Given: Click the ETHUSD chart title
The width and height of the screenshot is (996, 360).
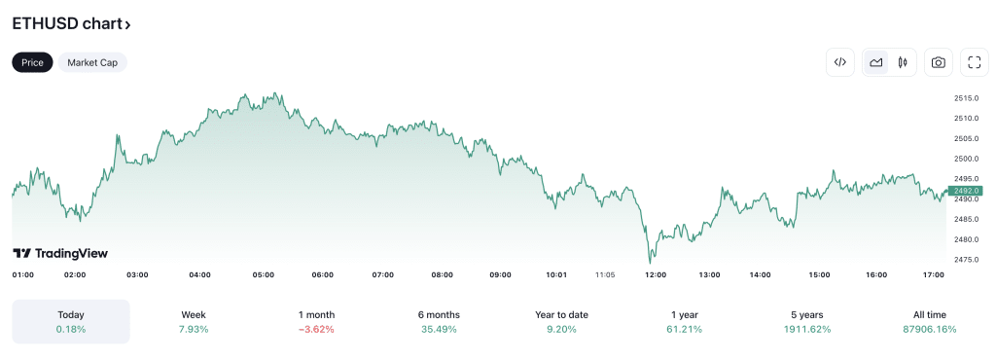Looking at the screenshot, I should (71, 23).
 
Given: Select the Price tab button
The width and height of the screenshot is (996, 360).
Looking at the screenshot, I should (32, 62).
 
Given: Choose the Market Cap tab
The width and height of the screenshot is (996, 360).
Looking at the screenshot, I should (92, 62).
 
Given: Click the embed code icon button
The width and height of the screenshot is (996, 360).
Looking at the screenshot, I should (840, 62).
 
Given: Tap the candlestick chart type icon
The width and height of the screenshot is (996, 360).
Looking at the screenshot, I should (903, 62).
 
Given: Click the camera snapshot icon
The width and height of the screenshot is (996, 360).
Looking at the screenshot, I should (938, 62).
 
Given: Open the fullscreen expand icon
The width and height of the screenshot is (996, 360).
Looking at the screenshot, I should (974, 62).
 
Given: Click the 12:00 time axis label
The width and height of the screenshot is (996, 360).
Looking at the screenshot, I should (656, 275).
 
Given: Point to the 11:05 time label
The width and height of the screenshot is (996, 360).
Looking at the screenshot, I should (605, 275).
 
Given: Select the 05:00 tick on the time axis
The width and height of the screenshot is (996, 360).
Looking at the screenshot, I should (263, 275).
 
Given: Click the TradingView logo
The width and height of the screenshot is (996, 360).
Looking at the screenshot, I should (60, 253).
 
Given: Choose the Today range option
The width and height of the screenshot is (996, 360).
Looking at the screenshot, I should (71, 321).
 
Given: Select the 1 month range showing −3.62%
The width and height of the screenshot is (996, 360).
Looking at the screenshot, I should (316, 321).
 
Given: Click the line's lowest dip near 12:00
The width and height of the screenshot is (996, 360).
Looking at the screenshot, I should (651, 262).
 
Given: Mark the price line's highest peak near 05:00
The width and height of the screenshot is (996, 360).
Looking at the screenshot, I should (279, 93).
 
